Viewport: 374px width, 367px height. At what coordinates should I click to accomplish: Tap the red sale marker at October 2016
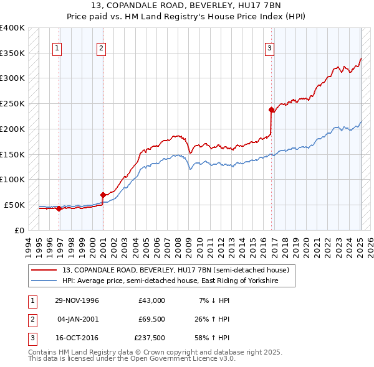pos(272,110)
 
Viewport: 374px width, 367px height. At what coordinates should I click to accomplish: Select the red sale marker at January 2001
pos(103,195)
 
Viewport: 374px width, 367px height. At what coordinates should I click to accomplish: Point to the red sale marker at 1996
pos(59,208)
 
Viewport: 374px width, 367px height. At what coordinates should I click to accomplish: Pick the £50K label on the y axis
pos(15,205)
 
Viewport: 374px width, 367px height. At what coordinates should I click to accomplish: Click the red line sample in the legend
pos(44,271)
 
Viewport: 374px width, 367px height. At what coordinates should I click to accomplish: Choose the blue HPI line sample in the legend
pos(44,281)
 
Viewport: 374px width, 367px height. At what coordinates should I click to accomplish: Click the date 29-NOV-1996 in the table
pos(77,300)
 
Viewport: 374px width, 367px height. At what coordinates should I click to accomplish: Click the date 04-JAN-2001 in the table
pos(77,319)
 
